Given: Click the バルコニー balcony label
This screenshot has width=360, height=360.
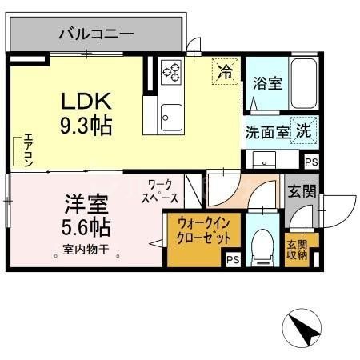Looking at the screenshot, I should pyautogui.click(x=97, y=34).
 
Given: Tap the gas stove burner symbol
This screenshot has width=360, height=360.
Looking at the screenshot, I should pyautogui.click(x=170, y=74).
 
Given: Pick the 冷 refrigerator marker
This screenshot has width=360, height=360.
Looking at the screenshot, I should pyautogui.click(x=226, y=72).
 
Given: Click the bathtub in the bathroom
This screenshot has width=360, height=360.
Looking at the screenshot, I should pyautogui.click(x=302, y=86).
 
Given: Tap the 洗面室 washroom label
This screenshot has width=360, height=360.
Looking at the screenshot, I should pyautogui.click(x=267, y=131).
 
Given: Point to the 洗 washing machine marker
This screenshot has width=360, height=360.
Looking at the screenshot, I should pyautogui.click(x=304, y=130).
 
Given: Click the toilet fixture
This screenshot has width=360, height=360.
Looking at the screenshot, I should pyautogui.click(x=261, y=244).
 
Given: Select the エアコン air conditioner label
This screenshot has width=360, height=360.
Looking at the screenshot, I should pyautogui.click(x=26, y=149).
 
